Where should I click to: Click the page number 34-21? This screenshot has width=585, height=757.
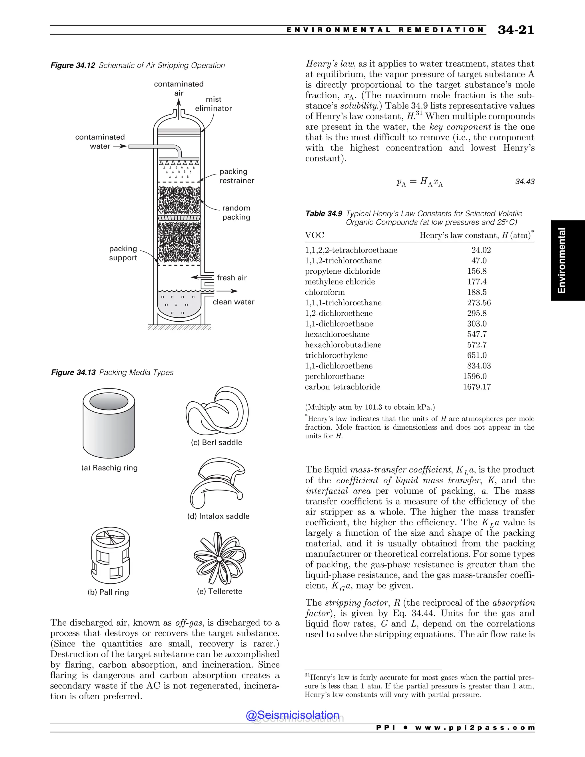pyautogui.click(x=516, y=30)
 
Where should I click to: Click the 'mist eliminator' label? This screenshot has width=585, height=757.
pyautogui.click(x=213, y=104)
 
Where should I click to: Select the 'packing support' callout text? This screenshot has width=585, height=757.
pyautogui.click(x=123, y=253)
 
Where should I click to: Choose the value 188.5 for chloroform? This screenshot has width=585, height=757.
pyautogui.click(x=476, y=292)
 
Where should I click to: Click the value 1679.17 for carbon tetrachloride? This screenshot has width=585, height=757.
pyautogui.click(x=476, y=387)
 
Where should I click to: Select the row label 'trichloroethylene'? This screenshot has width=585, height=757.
pyautogui.click(x=336, y=355)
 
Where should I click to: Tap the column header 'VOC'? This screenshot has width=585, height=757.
pyautogui.click(x=314, y=235)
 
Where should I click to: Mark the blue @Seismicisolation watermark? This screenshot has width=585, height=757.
pyautogui.click(x=292, y=715)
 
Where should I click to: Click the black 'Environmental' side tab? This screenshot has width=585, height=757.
pyautogui.click(x=567, y=260)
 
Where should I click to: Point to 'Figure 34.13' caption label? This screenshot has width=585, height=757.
pyautogui.click(x=73, y=373)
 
